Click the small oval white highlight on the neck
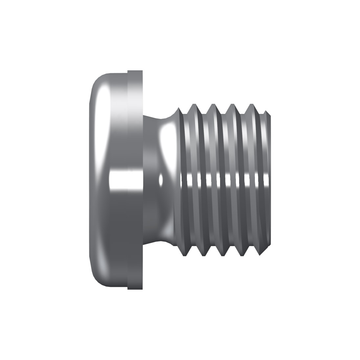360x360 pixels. point(161,180)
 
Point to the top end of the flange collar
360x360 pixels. point(135,71)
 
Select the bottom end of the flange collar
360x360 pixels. point(135,288)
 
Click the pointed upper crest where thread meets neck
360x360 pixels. point(178,108)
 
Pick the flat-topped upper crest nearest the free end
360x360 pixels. point(252,105)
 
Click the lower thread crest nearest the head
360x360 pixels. point(184,255)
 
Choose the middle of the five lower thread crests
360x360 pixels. point(223,255)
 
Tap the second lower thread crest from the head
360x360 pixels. point(203,255)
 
